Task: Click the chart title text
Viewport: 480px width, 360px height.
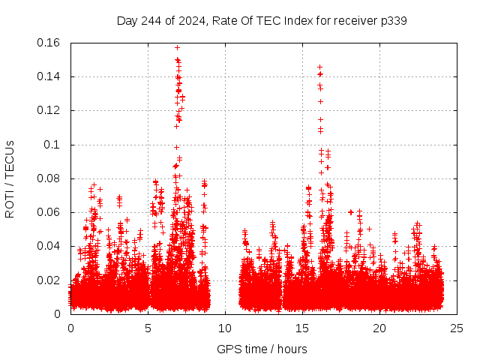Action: tap(262, 20)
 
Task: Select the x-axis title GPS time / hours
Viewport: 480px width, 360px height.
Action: tap(262, 349)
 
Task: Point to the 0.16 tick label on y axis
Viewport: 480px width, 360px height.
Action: tap(50, 43)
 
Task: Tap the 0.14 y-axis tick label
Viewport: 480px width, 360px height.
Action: tap(50, 76)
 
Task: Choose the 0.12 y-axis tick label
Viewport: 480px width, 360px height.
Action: tap(50, 110)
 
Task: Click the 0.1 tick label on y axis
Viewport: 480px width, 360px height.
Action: tap(55, 144)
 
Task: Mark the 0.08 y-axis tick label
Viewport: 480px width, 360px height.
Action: tap(50, 178)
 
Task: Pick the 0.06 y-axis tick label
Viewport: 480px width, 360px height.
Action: tap(50, 212)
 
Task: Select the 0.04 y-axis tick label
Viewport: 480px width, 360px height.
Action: tap(50, 246)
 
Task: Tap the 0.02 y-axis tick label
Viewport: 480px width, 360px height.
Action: tap(50, 280)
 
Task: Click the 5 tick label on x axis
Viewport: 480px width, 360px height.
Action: tap(148, 328)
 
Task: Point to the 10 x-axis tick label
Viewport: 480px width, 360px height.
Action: tap(225, 328)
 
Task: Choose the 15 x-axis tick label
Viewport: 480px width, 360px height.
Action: tap(302, 328)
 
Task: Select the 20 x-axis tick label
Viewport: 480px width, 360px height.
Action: tap(379, 328)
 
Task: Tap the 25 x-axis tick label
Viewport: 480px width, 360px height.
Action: tap(457, 328)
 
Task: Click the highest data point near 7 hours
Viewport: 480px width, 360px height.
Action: tap(177, 47)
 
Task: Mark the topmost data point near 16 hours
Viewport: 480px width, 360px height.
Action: tap(320, 67)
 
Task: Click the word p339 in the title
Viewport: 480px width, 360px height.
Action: tap(392, 20)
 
